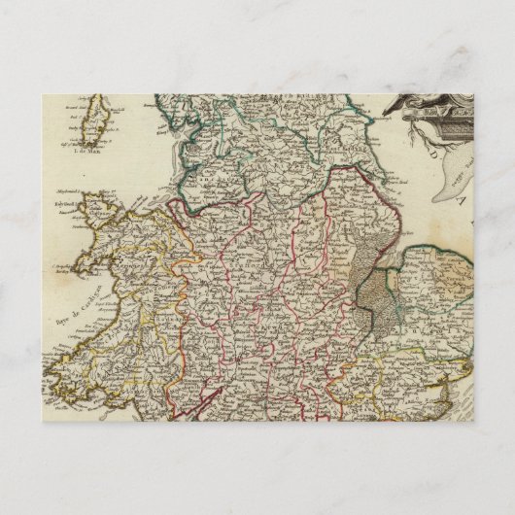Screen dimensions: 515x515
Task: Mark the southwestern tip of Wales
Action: [x=54, y=391]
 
